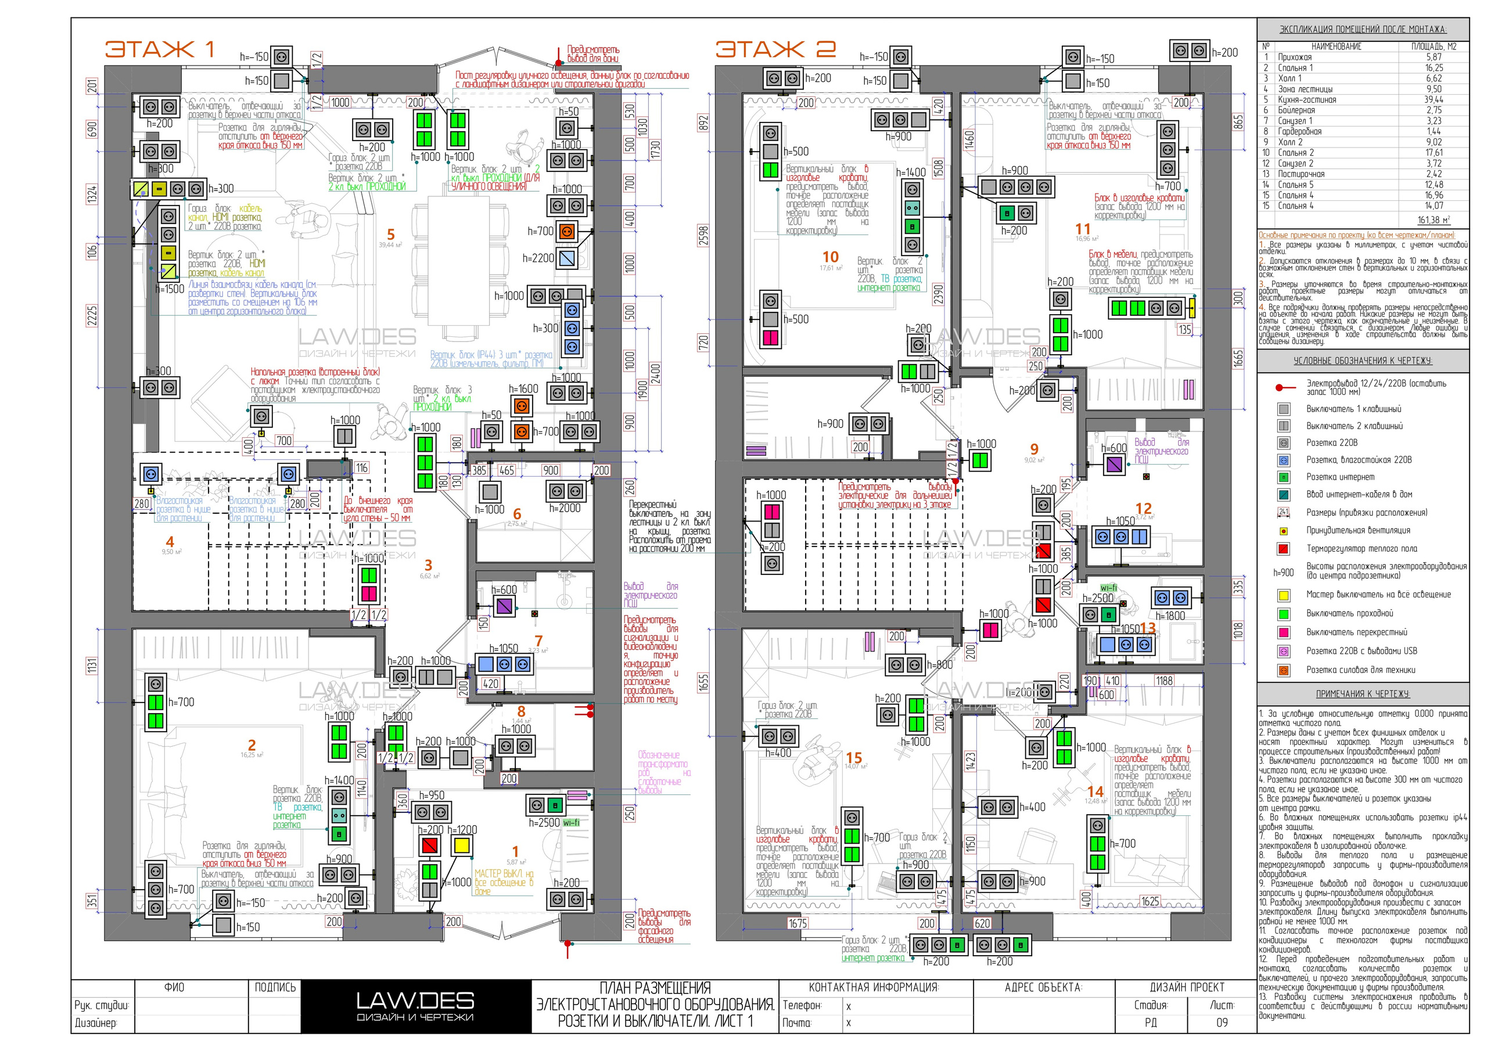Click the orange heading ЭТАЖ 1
[159, 49]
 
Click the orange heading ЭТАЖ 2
[775, 49]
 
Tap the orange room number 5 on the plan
[390, 235]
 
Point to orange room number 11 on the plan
[1083, 229]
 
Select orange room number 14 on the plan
[1095, 791]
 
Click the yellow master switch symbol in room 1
[462, 845]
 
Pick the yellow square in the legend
[1284, 595]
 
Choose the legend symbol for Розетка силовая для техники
[1284, 671]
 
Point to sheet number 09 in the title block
[1222, 1023]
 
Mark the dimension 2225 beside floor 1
[92, 316]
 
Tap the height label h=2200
[538, 258]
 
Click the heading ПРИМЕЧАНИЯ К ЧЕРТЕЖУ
[1363, 693]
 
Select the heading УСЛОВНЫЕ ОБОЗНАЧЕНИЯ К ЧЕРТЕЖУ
[1363, 361]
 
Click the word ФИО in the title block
[174, 987]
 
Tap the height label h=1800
[1170, 616]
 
